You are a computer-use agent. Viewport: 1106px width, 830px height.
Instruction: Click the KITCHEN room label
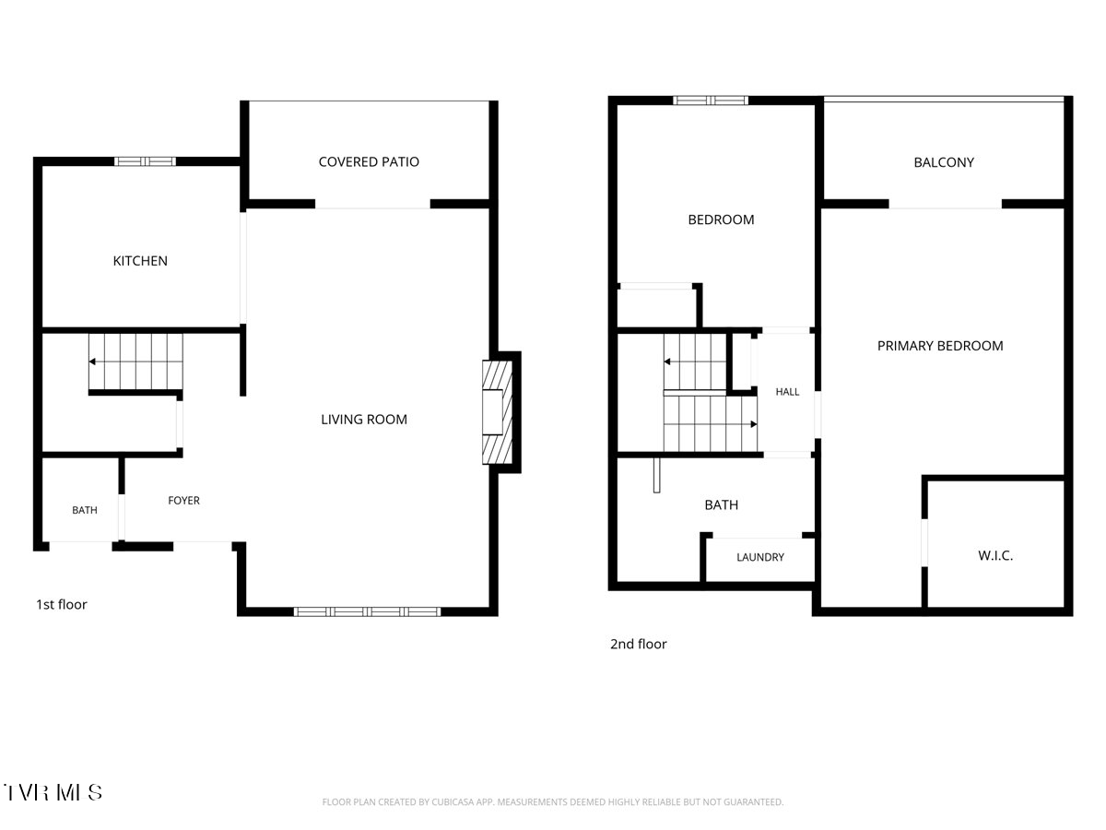[x=140, y=261]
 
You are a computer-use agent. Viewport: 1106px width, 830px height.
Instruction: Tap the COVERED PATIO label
[x=369, y=161]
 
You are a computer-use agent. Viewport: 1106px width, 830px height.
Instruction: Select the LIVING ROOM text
[x=364, y=420]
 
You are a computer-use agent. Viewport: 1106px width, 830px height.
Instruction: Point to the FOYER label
[x=184, y=501]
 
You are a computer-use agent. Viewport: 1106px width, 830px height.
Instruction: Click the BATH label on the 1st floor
[x=85, y=510]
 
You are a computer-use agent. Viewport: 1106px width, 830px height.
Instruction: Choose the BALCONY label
[x=944, y=162]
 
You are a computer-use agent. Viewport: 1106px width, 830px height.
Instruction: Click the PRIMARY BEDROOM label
[x=940, y=346]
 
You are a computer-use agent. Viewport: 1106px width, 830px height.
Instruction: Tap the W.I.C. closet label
[x=995, y=555]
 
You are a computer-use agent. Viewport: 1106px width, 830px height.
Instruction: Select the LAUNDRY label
[x=760, y=557]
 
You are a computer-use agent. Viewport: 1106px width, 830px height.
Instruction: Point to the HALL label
[x=787, y=392]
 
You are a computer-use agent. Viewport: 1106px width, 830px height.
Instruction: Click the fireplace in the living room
[x=498, y=412]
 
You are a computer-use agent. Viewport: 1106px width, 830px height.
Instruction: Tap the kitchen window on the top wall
[x=145, y=161]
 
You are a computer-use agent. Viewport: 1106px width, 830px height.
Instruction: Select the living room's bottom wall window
[x=368, y=611]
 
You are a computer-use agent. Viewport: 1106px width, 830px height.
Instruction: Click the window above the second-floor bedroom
[x=711, y=101]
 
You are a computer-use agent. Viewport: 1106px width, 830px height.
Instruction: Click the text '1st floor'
[x=62, y=604]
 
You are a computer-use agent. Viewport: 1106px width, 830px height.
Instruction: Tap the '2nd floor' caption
[x=639, y=644]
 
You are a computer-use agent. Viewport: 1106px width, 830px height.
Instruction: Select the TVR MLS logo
[x=53, y=792]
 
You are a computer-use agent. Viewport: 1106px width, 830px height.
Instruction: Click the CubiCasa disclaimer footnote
[x=553, y=801]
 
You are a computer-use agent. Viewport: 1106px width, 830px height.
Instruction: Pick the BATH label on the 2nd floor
[x=721, y=504]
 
